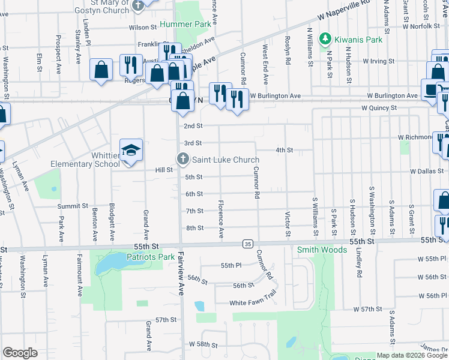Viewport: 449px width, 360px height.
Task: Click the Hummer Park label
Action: click(x=185, y=24)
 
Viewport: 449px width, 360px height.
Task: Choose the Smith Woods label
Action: click(x=322, y=250)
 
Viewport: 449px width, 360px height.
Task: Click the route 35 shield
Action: click(x=247, y=244)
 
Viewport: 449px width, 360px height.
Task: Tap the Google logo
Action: click(x=20, y=352)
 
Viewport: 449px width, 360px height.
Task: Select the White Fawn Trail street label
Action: click(x=253, y=303)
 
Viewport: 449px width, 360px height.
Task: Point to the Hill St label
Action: click(x=164, y=170)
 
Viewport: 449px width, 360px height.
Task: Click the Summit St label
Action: click(x=73, y=206)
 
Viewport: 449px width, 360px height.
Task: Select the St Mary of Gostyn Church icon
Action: click(x=138, y=5)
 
